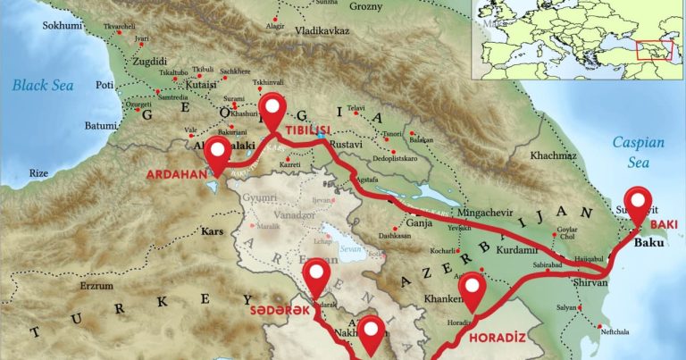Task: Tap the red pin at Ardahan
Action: tap(216, 155)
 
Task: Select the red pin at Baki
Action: tap(638, 203)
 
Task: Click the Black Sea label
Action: tap(43, 86)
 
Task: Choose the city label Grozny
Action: tap(367, 7)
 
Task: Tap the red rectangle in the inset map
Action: tap(653, 49)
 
